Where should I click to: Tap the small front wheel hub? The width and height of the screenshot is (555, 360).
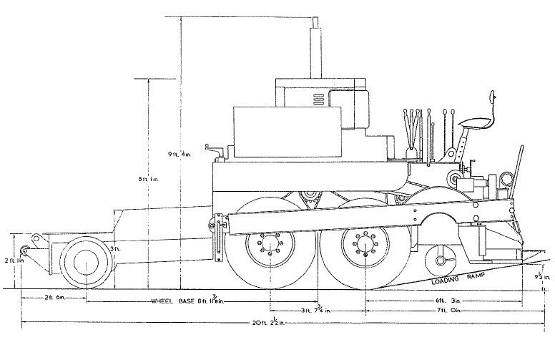click(86, 261)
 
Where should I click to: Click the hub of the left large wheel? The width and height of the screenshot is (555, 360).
click(270, 243)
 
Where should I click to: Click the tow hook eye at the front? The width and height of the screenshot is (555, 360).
click(25, 250)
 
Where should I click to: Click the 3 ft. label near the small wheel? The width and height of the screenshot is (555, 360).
click(115, 248)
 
